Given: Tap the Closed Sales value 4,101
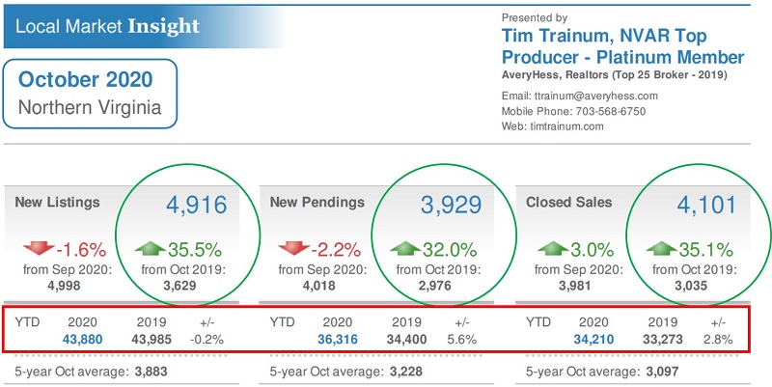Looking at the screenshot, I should (x=706, y=205).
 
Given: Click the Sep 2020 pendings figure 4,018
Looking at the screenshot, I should (x=323, y=285).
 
